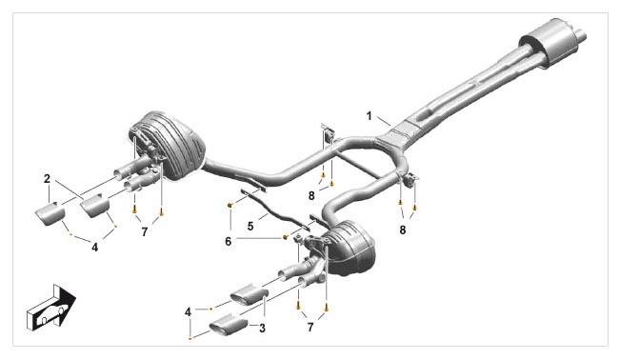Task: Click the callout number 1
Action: point(369,116)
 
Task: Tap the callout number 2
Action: point(48,178)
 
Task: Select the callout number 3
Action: point(262,328)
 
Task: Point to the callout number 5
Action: point(250,226)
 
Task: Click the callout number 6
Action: point(229,241)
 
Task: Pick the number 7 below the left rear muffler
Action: point(144,232)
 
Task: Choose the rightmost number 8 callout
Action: point(402,230)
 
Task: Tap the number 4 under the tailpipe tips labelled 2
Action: point(94,247)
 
